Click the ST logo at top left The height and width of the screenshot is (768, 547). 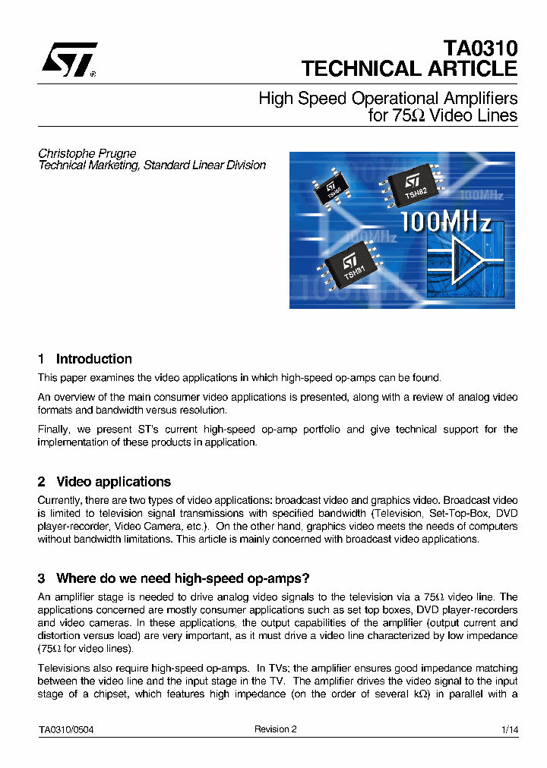[x=68, y=60]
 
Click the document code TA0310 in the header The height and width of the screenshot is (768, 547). [x=480, y=49]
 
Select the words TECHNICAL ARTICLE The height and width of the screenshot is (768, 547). [x=409, y=68]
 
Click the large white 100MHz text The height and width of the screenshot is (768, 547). [x=446, y=222]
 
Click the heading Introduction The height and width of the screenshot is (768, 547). [x=93, y=359]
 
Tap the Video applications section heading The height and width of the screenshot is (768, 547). [x=113, y=482]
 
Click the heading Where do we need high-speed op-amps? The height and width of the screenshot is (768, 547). [x=182, y=578]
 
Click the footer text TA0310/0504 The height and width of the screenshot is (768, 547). [x=66, y=729]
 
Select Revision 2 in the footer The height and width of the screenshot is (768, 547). [x=275, y=729]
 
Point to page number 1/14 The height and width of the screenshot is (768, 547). [x=510, y=729]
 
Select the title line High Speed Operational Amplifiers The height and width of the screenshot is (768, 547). [x=387, y=99]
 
